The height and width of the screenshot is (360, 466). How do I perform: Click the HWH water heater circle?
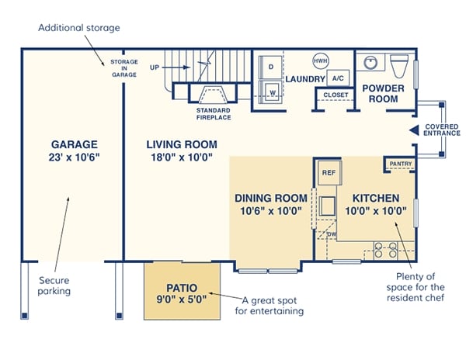point(321,61)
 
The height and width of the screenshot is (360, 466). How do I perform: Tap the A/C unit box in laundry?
point(338,78)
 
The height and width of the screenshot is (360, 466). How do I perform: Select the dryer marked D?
point(271,67)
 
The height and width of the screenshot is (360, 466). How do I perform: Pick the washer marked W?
point(271,92)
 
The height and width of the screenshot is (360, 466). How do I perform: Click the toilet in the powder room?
point(399,66)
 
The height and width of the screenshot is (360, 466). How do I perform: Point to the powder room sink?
point(370,62)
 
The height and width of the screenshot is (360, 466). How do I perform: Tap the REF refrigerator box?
point(329,173)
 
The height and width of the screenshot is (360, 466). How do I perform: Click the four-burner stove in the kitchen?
point(385,250)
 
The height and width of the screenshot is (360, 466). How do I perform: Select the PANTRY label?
point(401,164)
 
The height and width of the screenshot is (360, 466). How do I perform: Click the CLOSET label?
point(336,95)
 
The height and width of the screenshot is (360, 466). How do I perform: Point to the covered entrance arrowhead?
point(414,130)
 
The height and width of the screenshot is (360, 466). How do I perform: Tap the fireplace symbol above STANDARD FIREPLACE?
point(213,95)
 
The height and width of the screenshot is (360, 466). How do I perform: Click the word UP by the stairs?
point(155,67)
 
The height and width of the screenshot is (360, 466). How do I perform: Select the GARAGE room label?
point(75,144)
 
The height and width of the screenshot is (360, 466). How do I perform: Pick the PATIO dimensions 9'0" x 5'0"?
point(182,299)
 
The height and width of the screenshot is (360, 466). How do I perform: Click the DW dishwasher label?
point(332,234)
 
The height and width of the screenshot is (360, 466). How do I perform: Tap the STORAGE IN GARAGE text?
point(124,68)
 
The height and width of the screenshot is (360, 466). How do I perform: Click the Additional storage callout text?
point(79,28)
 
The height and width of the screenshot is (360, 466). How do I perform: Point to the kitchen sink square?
point(327,206)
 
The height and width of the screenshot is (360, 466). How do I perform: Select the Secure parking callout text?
point(54,286)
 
